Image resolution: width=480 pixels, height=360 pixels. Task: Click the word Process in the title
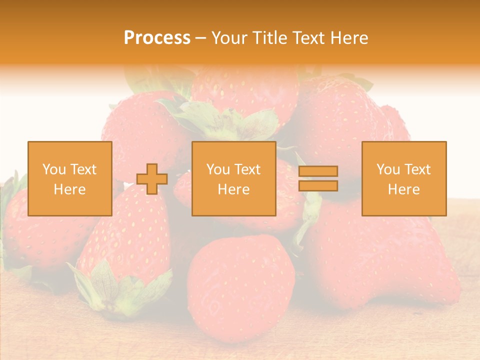(157, 38)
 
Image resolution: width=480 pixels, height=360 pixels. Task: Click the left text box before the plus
(70, 178)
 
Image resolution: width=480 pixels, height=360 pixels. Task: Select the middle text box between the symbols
(233, 178)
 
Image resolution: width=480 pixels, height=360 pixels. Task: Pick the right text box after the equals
(403, 178)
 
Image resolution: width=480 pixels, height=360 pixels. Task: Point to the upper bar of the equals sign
(318, 171)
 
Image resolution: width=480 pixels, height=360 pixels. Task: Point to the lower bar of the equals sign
(318, 186)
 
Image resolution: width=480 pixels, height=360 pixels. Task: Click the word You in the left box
(53, 169)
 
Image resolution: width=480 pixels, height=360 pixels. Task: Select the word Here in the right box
(403, 189)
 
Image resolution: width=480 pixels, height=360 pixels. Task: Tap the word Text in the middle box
(247, 169)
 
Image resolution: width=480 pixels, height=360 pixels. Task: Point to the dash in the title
(201, 38)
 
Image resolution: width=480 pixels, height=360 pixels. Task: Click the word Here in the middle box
(233, 189)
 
